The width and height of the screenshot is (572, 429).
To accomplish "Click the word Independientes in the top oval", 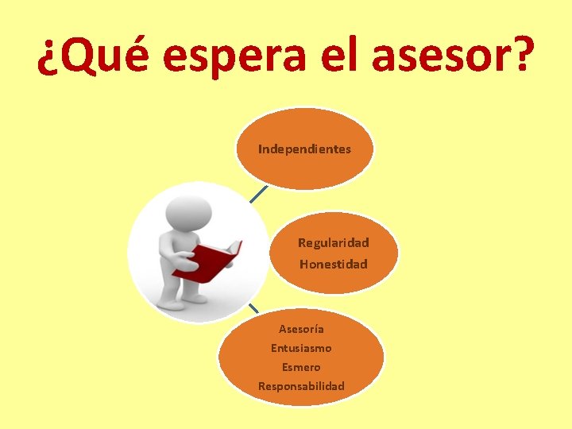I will pos(304,149).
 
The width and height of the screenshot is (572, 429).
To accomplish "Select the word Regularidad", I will pos(333,243).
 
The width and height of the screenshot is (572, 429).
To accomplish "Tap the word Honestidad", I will pos(333,264).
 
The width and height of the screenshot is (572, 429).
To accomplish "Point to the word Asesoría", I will pos(301,329).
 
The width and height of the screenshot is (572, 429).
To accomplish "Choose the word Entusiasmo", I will pos(301,348).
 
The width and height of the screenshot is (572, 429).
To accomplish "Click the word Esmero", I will pos(301,367).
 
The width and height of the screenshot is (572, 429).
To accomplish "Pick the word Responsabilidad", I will pos(301,386).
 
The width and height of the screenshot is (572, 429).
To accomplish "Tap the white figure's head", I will pos(188,212).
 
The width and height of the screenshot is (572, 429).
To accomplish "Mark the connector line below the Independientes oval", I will pos(257,194).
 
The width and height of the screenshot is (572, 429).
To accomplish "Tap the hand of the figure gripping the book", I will pos(184,257).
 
